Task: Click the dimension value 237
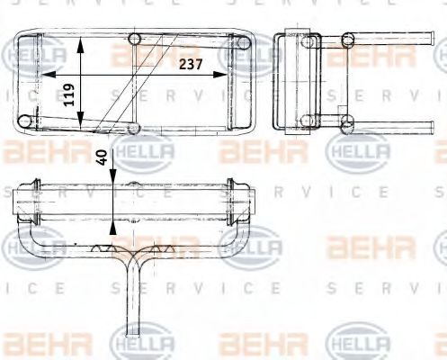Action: coord(190,64)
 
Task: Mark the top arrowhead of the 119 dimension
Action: coord(83,42)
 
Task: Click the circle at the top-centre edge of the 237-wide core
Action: coord(135,38)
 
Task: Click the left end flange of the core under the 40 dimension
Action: coord(34,202)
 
